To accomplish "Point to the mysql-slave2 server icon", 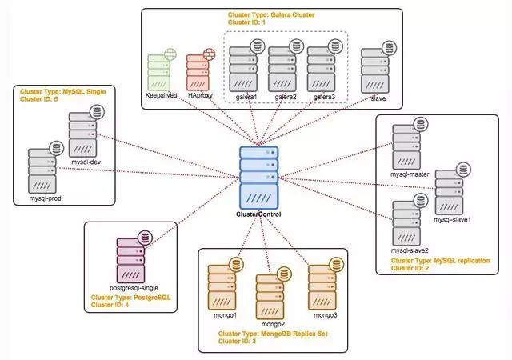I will (407, 220).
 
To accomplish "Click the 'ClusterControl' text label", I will (258, 214).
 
